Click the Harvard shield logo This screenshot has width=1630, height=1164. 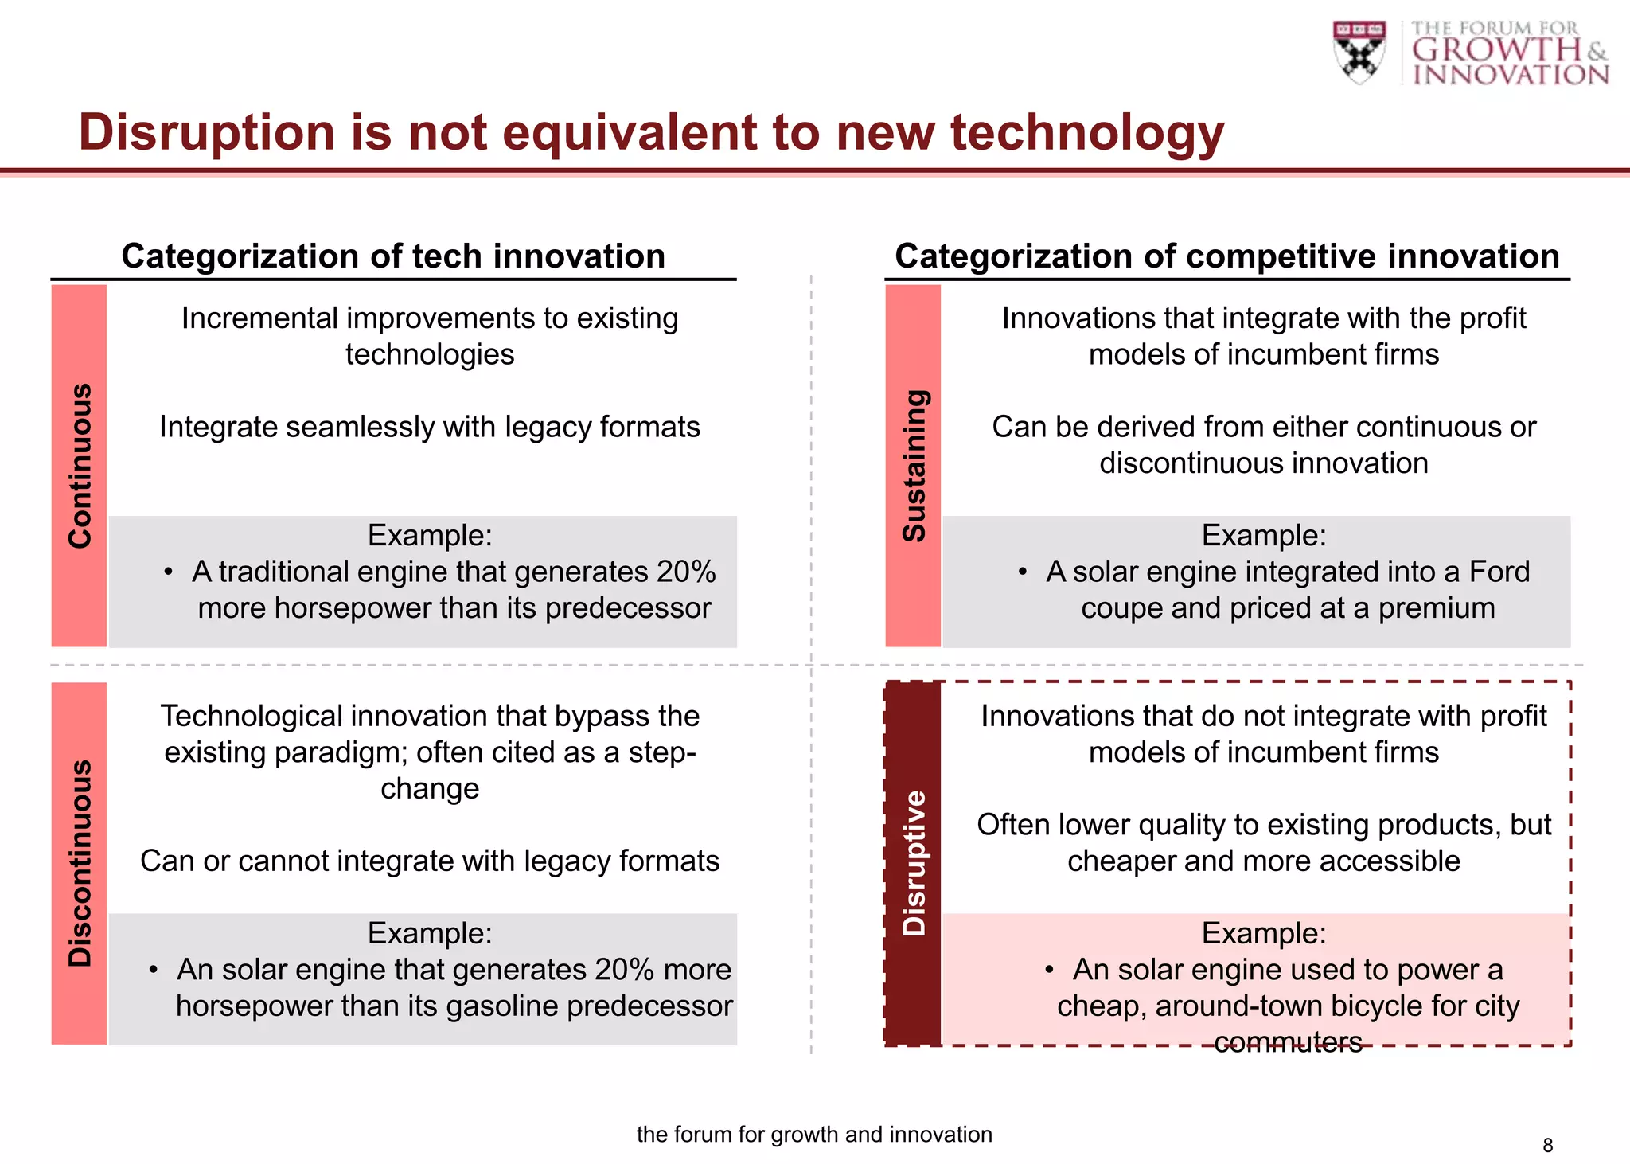click(1359, 52)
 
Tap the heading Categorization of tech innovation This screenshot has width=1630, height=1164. click(393, 256)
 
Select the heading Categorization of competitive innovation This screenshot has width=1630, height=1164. click(1226, 256)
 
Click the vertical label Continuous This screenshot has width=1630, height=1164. click(80, 466)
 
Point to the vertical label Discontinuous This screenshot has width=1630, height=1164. click(80, 863)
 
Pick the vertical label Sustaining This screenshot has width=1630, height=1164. click(914, 466)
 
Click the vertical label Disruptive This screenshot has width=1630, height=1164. click(914, 863)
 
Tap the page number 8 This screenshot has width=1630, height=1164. click(1547, 1145)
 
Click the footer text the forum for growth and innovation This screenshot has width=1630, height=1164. click(814, 1134)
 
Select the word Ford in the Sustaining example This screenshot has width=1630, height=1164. click(1499, 572)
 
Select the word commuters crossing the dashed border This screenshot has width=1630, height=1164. click(1288, 1041)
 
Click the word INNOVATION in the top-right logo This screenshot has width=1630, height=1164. click(1510, 75)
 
